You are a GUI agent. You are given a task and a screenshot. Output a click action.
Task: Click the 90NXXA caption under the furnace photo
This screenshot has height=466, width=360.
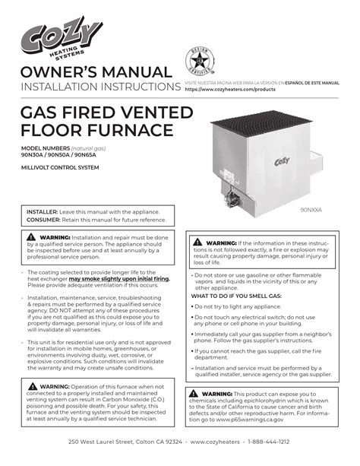[x=311, y=208]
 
